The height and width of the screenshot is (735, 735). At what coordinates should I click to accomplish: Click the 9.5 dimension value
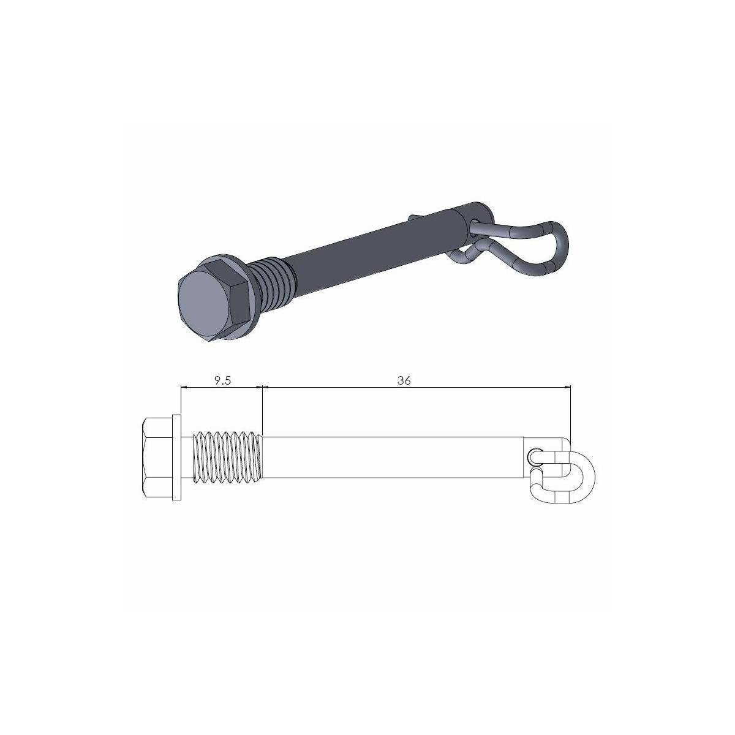click(x=222, y=380)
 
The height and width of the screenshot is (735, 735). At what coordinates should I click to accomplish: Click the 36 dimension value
click(x=404, y=380)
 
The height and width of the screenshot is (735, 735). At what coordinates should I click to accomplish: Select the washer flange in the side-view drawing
click(x=176, y=457)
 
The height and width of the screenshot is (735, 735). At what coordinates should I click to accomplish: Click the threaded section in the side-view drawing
click(x=228, y=457)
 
